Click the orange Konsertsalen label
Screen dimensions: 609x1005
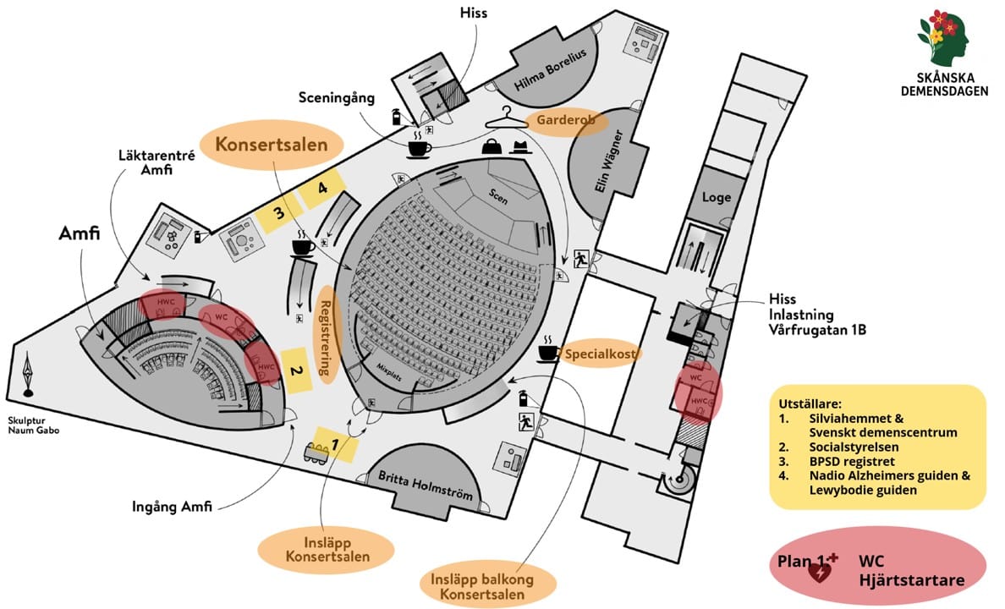[x=271, y=145]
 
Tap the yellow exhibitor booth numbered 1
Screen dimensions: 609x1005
[x=336, y=442]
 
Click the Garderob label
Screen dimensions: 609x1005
[x=566, y=121]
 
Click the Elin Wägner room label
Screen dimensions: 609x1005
[x=612, y=161]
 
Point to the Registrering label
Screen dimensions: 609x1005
[x=325, y=336]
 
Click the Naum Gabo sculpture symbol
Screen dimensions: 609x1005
[x=29, y=376]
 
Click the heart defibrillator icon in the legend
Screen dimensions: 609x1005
[x=821, y=571]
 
